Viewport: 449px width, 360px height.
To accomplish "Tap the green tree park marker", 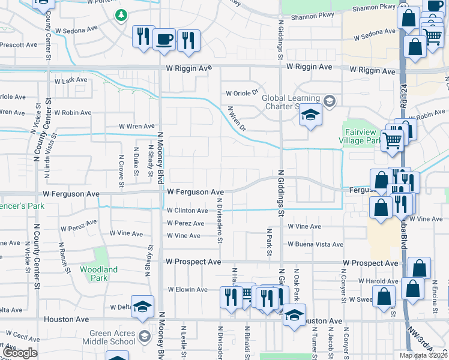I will pos(122,14).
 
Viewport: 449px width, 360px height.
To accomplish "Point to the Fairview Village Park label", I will pos(363,136).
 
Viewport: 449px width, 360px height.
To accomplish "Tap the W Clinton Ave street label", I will pos(187,211).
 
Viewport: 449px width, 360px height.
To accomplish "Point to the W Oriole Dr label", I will pos(241,93).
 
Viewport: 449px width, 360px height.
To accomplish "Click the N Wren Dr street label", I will pos(237,119).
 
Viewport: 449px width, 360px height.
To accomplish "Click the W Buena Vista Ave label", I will pos(315,244).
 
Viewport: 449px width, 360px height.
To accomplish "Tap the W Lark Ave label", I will pos(71,80).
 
